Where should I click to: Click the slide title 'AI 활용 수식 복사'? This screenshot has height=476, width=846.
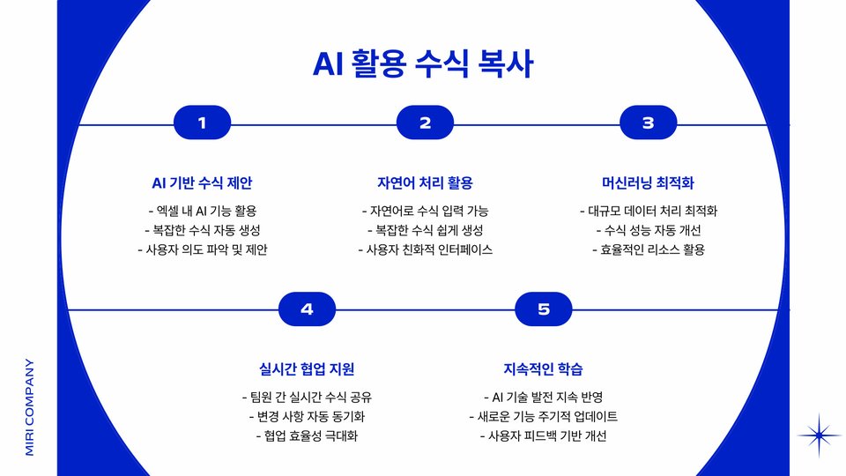(x=423, y=64)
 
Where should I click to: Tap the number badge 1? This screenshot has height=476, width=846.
(x=202, y=123)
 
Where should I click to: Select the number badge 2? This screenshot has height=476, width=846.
(x=425, y=123)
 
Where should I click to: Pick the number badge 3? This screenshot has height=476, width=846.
(x=648, y=123)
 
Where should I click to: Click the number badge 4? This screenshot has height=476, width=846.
(x=307, y=309)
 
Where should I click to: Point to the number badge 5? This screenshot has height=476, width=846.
(x=543, y=309)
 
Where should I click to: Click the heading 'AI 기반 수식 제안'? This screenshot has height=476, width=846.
(x=202, y=183)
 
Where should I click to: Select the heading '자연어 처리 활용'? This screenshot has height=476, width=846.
(x=425, y=183)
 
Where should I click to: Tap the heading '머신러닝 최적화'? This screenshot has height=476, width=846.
(x=648, y=183)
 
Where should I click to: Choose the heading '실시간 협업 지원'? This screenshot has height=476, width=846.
(x=307, y=368)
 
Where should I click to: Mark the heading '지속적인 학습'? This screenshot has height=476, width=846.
(x=543, y=368)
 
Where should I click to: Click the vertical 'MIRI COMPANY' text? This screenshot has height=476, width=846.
(x=29, y=406)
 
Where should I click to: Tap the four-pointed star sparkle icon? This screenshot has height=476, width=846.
(x=819, y=435)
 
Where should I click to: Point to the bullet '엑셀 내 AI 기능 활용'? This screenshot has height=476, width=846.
(x=202, y=211)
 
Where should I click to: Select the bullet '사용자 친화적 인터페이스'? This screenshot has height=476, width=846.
(x=425, y=249)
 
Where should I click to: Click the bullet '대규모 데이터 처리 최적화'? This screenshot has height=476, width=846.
(x=648, y=211)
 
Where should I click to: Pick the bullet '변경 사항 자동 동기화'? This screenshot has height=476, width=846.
(x=307, y=416)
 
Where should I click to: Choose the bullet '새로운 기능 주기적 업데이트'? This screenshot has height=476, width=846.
(x=543, y=416)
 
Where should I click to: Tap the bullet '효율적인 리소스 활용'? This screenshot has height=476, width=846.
(x=648, y=249)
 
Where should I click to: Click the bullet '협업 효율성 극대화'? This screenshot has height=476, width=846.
(x=307, y=436)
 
